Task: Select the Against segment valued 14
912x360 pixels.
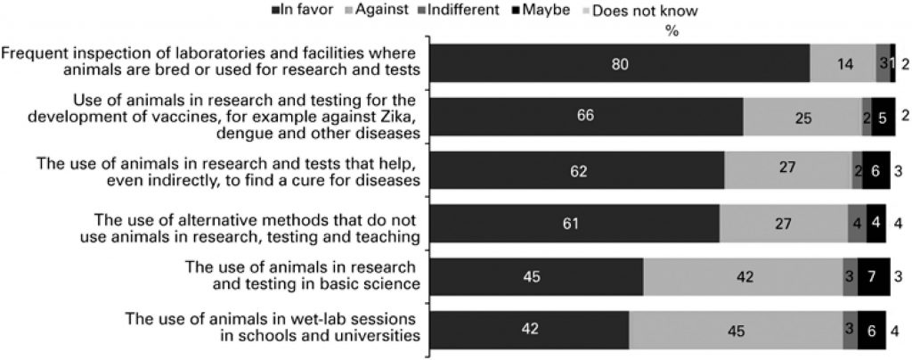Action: pyautogui.click(x=843, y=63)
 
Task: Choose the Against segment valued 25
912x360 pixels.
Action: pyautogui.click(x=802, y=117)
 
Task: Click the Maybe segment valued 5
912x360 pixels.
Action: pyautogui.click(x=883, y=117)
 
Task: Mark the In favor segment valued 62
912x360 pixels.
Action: pyautogui.click(x=578, y=170)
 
